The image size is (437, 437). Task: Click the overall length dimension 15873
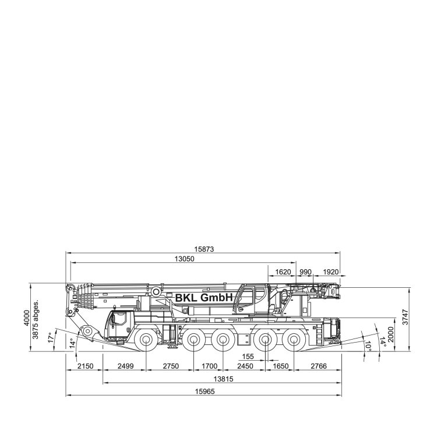point(204,249)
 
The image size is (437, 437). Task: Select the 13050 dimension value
point(184,259)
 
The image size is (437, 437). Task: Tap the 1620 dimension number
point(283,272)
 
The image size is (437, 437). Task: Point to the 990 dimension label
point(305,272)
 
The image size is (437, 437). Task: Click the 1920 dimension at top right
point(330,272)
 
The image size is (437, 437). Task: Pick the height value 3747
point(405,317)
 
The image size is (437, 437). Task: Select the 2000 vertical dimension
point(390,334)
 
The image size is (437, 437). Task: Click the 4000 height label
point(27,318)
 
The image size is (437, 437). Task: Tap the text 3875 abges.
point(36,319)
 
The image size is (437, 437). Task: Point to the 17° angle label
point(51,337)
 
